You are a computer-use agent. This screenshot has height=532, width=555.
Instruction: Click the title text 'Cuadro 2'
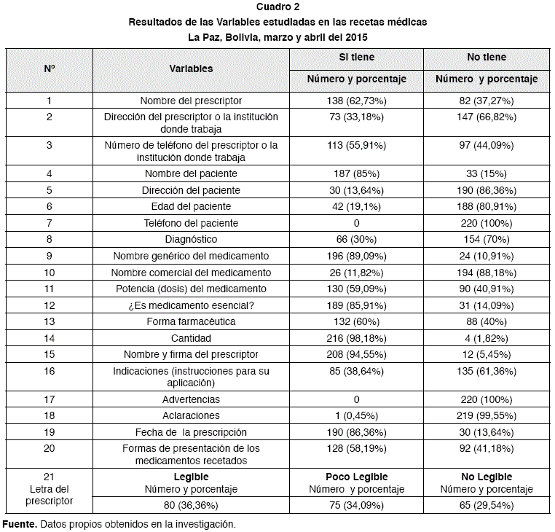pos(277,8)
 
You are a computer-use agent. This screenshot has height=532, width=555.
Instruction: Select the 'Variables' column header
pos(191,69)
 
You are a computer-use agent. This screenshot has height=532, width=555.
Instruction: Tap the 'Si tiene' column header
pos(356,57)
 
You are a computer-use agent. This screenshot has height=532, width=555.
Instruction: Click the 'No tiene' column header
pos(487,57)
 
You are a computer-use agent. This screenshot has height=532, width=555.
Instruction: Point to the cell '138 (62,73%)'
pos(356,100)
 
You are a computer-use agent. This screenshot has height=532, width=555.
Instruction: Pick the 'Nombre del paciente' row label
pos(191,173)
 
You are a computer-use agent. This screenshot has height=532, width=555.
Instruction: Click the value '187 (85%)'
pos(356,173)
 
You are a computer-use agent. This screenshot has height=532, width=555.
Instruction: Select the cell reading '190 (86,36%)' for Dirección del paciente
pos(487,190)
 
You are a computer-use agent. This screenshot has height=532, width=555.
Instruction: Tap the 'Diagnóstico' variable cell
pos(191,239)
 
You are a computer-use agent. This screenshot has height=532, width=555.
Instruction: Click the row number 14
pos(50,338)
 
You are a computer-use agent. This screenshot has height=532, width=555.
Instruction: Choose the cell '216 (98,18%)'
pos(356,338)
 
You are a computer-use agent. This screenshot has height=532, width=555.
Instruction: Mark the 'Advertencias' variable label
pos(191,399)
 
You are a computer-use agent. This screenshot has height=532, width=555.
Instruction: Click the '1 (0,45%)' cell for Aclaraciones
pos(356,415)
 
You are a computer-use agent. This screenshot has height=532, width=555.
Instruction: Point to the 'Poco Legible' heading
pos(356,476)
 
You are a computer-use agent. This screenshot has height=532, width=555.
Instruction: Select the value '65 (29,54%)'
pos(487,505)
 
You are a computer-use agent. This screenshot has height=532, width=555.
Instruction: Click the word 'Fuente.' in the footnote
pos(19,524)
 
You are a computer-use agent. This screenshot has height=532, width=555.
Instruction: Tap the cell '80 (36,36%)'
pos(191,505)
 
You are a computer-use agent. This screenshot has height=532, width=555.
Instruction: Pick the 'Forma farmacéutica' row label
pos(191,321)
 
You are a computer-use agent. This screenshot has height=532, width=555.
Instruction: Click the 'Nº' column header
pos(50,69)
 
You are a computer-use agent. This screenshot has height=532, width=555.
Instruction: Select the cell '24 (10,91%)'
pos(487,256)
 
